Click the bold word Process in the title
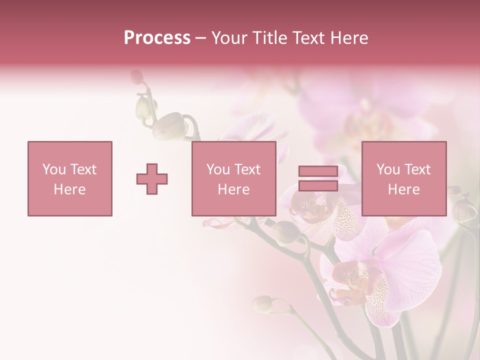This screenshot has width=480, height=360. point(157,38)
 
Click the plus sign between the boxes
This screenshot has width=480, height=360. point(152,178)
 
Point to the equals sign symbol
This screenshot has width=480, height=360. point(318,178)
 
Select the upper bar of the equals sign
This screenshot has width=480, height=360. point(318,171)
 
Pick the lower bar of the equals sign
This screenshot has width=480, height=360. point(318,185)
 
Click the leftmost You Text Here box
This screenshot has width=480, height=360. point(69,178)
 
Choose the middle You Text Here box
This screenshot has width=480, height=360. point(233,178)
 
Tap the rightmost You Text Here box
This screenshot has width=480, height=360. point(403,178)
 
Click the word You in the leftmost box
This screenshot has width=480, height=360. point(54,169)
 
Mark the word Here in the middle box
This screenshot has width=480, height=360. point(233,189)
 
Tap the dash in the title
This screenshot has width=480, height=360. point(200,38)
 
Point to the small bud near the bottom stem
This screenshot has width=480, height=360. point(262,303)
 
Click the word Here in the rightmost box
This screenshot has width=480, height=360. point(403,189)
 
